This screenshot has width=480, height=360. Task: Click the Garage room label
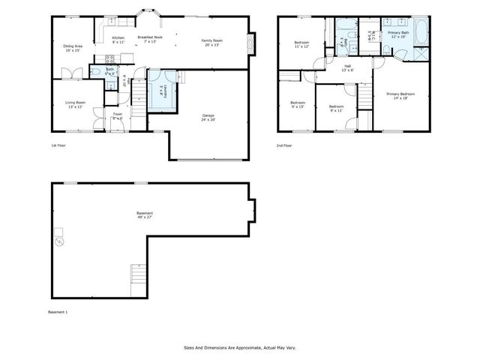coord(208,117)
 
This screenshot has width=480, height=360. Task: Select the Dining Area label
coord(73,48)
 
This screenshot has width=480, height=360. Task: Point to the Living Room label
coord(75,104)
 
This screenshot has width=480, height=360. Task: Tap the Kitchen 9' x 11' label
coord(118,40)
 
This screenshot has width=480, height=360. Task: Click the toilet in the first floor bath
coord(96,72)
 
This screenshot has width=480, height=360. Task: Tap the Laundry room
coord(162,90)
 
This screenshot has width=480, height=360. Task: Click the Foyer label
coord(118,116)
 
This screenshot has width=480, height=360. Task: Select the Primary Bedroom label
coord(400,95)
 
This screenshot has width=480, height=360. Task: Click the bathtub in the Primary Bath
coord(420,31)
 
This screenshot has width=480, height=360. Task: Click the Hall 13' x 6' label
coord(348,68)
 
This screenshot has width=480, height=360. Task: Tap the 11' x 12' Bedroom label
coord(301,45)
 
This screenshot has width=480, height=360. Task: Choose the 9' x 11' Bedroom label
coord(336,108)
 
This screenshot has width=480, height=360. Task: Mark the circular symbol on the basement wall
coord(59,242)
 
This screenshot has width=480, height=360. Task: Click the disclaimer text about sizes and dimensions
coord(239,347)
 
